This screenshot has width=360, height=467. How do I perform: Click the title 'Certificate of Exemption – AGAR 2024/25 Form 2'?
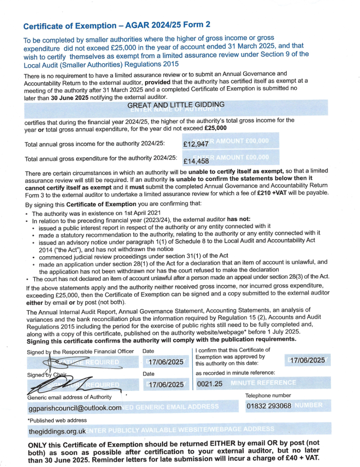(117, 26)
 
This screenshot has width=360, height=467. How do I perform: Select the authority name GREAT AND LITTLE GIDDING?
(176, 105)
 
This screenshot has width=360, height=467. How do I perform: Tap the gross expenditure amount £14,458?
(196, 161)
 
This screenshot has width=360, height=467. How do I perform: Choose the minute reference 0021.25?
(210, 384)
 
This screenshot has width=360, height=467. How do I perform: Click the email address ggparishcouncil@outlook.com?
(75, 408)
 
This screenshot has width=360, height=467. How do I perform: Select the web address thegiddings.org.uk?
(57, 432)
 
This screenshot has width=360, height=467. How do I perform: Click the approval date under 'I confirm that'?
(308, 360)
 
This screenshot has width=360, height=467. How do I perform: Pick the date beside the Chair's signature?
(166, 384)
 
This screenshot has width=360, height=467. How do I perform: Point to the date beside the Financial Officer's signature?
(166, 362)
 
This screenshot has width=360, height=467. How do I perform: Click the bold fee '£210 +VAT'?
(275, 193)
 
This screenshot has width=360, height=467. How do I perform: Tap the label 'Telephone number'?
(268, 395)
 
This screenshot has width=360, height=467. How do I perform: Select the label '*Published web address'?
(57, 420)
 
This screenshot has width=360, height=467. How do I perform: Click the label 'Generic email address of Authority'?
(69, 397)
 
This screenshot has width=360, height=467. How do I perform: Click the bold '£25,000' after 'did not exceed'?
(215, 128)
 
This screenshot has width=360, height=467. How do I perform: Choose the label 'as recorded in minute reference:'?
(235, 373)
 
